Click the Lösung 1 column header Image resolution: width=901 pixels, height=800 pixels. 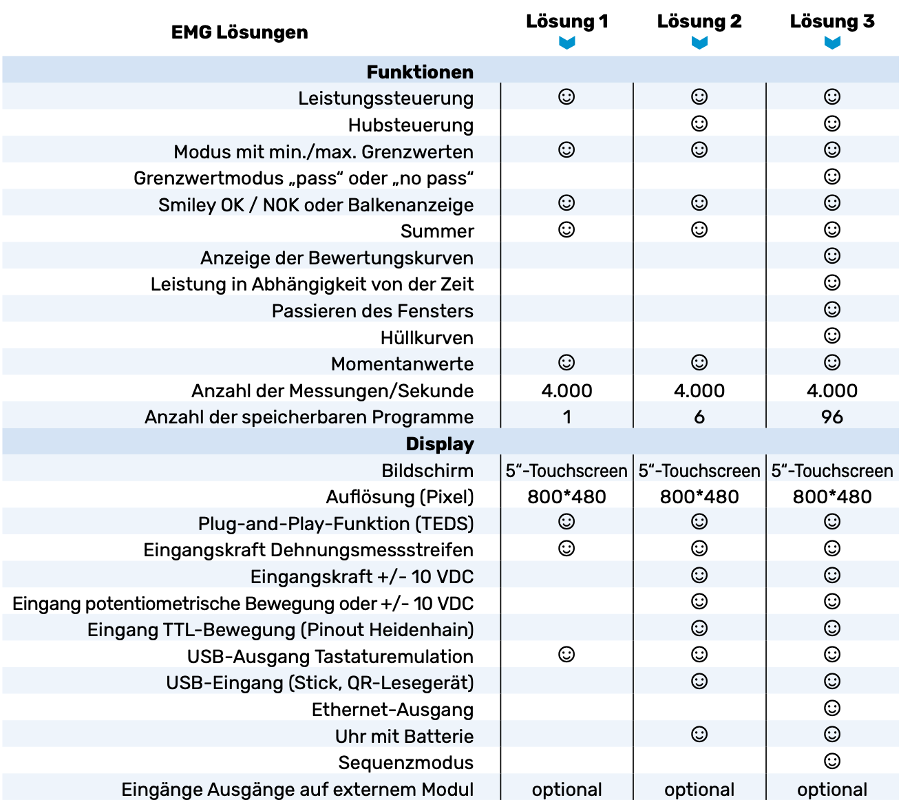point(566,22)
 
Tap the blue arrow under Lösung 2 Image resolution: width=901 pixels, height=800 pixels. point(699,43)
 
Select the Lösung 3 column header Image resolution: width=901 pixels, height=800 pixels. point(832,22)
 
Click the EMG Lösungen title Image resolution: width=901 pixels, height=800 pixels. point(240,32)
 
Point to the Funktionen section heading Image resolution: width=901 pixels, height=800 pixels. point(420,72)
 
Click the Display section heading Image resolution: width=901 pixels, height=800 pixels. point(440,444)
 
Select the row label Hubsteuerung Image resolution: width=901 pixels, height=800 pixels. point(410,125)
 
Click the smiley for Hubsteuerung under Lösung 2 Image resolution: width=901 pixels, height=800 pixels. point(699,123)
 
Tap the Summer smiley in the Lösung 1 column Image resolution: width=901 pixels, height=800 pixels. point(566,229)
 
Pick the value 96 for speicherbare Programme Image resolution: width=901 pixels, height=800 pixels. point(832,417)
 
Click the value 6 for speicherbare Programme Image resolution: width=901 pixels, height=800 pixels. point(699,417)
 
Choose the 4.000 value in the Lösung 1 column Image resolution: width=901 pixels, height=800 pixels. point(566,390)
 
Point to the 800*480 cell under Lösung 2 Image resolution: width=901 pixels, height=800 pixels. point(699,496)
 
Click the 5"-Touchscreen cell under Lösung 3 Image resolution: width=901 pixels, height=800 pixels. point(832,471)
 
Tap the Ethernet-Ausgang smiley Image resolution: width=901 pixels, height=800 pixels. point(832,708)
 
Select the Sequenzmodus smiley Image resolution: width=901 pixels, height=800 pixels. point(832,761)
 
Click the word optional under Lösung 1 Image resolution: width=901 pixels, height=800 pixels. point(566,790)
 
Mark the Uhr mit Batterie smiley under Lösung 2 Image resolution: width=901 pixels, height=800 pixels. point(699,734)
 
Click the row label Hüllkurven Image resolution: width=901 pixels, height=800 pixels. point(427,338)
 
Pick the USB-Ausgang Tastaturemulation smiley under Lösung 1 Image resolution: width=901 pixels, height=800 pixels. point(566,654)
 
